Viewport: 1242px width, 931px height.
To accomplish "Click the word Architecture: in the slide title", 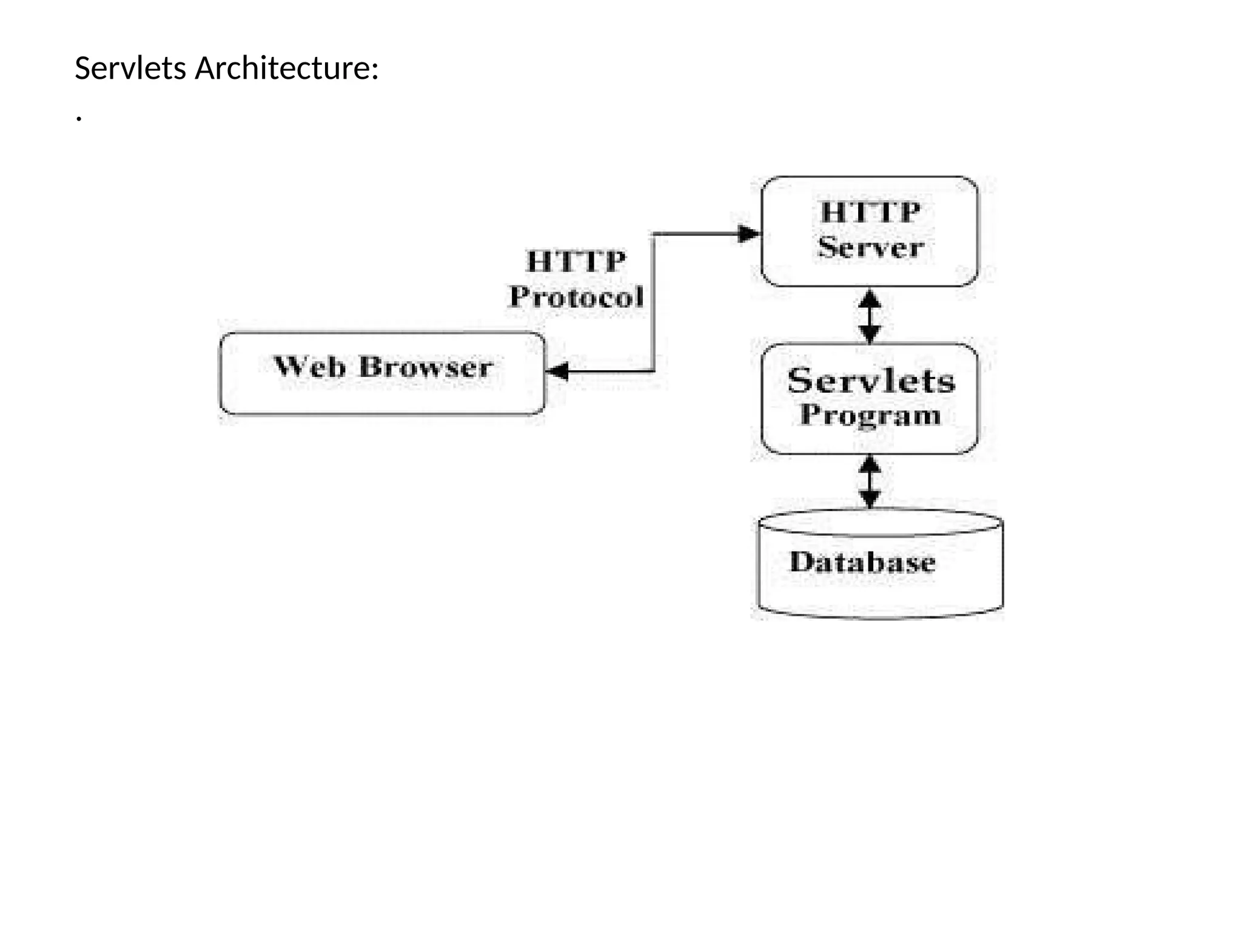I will (287, 68).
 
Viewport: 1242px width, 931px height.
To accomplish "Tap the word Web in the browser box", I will (310, 367).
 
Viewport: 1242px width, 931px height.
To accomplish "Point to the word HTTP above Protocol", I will (576, 262).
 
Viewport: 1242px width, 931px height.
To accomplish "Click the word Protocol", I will (576, 297).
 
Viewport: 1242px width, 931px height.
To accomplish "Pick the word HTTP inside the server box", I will (870, 213).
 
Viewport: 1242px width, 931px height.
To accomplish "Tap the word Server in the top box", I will (870, 247).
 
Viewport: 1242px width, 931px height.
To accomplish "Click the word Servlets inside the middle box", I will (871, 381).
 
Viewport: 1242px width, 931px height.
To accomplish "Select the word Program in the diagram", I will (871, 415).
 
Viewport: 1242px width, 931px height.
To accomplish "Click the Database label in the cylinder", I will (862, 562).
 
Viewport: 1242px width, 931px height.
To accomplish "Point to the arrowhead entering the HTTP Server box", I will (750, 233).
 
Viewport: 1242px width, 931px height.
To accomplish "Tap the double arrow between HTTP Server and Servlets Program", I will (870, 316).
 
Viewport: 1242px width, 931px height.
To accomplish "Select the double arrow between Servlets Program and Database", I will (870, 482).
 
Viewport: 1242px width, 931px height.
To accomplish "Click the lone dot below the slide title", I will (79, 119).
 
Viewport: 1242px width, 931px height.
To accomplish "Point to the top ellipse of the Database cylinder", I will (881, 522).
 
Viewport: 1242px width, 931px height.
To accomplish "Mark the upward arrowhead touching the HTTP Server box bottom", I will (870, 298).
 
